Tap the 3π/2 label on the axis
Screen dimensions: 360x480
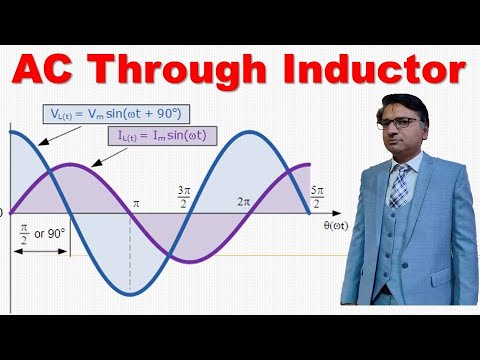point(184,195)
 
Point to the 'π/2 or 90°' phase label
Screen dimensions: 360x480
point(39,233)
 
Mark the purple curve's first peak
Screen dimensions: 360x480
point(70,164)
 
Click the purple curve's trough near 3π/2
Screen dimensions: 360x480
point(184,261)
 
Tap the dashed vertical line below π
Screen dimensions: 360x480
point(129,250)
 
